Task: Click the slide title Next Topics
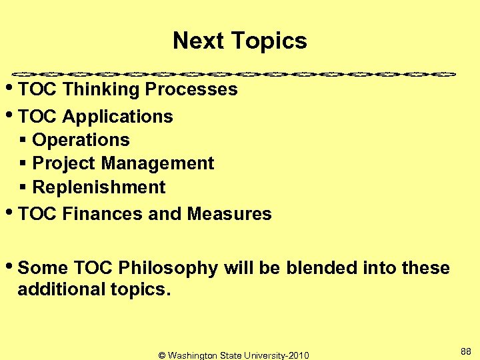coord(239,41)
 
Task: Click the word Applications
coord(117,117)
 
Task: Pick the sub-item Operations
coord(81,140)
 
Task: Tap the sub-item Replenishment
coord(99,187)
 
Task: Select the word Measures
coord(229,214)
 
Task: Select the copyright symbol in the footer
coord(162,355)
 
